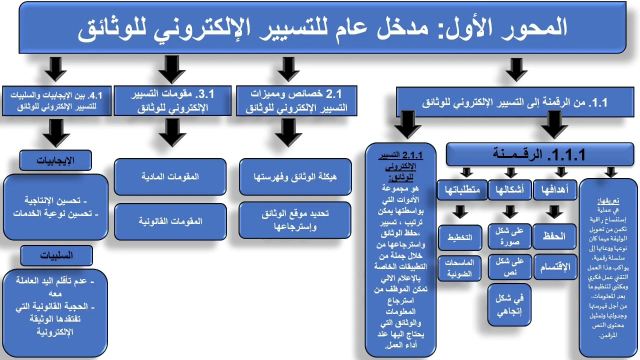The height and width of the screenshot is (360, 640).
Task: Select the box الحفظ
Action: pos(554,236)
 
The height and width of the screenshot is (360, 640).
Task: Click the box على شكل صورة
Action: pos(509,236)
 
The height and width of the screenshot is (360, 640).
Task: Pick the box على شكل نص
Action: pos(509,266)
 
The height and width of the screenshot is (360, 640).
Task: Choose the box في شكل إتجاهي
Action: pos(509,305)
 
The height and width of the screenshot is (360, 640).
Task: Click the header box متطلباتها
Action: pos(462,190)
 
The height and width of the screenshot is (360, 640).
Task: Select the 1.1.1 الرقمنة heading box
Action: pos(540,154)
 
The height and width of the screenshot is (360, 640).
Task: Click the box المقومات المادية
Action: pos(170,176)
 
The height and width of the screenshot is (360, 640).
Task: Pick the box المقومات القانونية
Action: pos(170,221)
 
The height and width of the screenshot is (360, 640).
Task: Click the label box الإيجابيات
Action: pos(55,160)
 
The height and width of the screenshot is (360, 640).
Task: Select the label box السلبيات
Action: pos(56,255)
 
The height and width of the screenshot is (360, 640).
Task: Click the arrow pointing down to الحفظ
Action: pos(554,212)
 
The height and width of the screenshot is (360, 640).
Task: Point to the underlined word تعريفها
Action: pos(608,200)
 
